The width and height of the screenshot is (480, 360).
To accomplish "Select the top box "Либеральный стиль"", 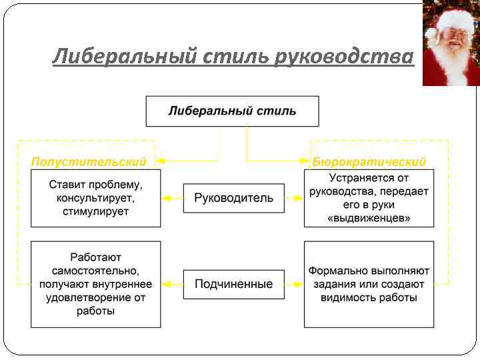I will coord(232,111).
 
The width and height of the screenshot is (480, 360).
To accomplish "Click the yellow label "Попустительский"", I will coord(89,162).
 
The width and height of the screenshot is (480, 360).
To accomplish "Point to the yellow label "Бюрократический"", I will coord(369,162).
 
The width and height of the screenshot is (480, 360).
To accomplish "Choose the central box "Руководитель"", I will coord(233,198).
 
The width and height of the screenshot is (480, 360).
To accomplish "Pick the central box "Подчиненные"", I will coord(233,284).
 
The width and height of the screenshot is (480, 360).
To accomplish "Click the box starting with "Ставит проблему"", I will coord(96,198).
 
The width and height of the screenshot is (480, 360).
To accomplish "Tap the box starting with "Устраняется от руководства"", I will coord(369,198).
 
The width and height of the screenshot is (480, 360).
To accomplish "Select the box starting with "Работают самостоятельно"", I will coord(96,284).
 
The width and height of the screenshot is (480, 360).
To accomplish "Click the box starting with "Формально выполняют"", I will coord(369,284).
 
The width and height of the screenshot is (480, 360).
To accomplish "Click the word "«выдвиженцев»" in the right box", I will coord(369,218).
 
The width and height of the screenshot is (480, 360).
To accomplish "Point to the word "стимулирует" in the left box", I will coord(96,211).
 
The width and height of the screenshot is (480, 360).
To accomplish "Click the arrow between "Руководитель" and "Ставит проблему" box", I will coord(172,198).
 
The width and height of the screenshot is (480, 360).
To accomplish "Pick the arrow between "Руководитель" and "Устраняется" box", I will coord(294,198).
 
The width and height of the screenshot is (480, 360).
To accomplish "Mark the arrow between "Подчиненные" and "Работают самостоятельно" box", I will coord(172,284).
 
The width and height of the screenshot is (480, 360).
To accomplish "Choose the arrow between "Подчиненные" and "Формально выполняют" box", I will coord(294,284).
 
